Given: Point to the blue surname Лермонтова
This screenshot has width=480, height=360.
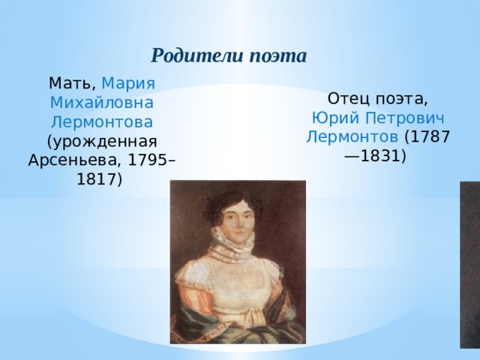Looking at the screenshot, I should (x=101, y=121).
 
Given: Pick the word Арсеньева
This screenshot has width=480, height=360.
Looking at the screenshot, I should (x=73, y=160).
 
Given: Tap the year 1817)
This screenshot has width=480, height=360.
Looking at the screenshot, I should (x=101, y=179).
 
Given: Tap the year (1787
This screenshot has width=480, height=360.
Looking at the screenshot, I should (x=427, y=138).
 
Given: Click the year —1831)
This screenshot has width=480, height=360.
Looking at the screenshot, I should (x=374, y=157).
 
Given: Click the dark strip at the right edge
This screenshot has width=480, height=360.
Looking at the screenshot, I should (x=470, y=270).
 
